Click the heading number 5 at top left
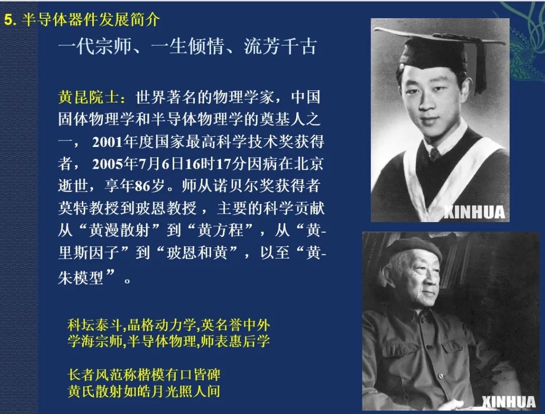pyautogui.click(x=8, y=20)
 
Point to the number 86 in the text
pyautogui.click(x=143, y=186)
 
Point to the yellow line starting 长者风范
pyautogui.click(x=144, y=375)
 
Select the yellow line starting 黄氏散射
pyautogui.click(x=144, y=391)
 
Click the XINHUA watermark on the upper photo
pyautogui.click(x=474, y=212)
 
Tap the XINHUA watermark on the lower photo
pyautogui.click(x=508, y=401)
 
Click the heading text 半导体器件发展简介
pyautogui.click(x=91, y=20)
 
